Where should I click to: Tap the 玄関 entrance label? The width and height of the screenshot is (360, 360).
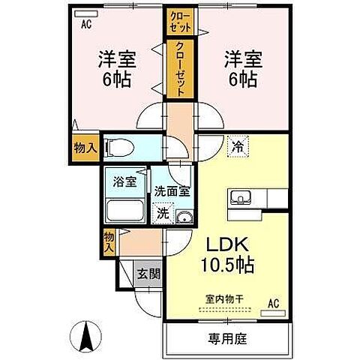click(148, 274)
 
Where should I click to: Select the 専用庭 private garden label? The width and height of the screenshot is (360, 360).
click(226, 339)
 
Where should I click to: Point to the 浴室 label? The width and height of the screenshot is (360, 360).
click(124, 181)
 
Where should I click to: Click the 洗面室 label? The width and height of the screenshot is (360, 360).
click(173, 190)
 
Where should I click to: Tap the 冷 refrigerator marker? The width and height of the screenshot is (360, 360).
click(238, 148)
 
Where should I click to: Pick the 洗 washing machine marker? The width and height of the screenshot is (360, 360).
click(163, 214)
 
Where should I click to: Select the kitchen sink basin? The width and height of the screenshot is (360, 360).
click(241, 198)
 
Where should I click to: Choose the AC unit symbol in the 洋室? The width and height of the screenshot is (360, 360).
click(85, 13)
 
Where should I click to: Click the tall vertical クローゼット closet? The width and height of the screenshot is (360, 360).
click(181, 69)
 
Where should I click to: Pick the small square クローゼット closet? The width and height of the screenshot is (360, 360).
click(181, 20)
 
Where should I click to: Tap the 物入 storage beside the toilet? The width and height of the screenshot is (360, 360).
click(85, 148)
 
